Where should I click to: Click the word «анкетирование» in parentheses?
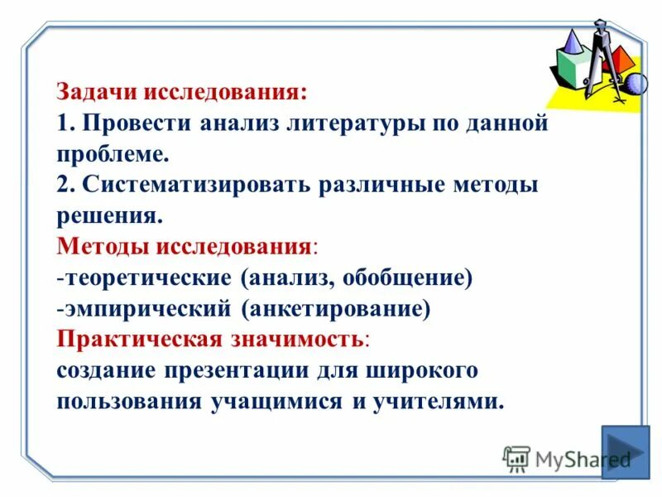pyautogui.click(x=336, y=308)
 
